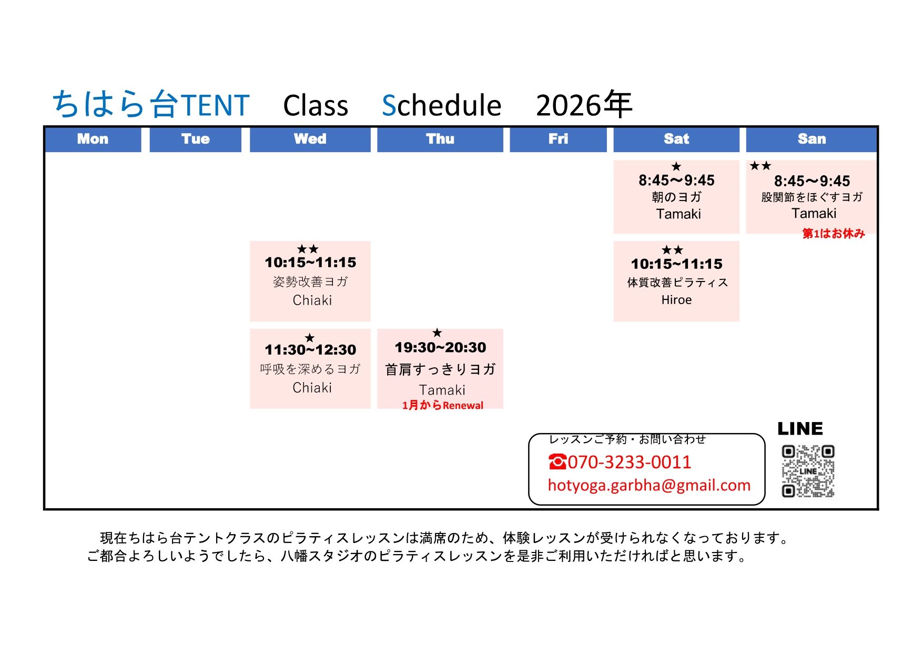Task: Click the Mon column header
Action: click(x=93, y=139)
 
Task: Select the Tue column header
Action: click(x=195, y=139)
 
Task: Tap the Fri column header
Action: click(x=558, y=139)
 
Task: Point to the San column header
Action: click(x=812, y=139)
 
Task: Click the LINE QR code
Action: click(x=808, y=471)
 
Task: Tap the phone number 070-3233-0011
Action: click(x=629, y=462)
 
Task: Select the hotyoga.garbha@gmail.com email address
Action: click(x=649, y=485)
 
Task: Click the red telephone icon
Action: click(x=557, y=462)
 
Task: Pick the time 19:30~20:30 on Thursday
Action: click(x=440, y=347)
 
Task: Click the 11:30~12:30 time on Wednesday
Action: click(x=310, y=350)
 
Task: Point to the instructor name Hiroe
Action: click(x=676, y=300)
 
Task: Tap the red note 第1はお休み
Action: click(x=833, y=234)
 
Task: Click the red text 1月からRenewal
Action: click(x=442, y=405)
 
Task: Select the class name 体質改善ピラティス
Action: click(x=677, y=283)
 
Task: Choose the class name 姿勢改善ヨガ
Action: click(x=310, y=282)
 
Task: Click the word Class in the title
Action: click(x=316, y=106)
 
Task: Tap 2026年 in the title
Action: click(x=584, y=105)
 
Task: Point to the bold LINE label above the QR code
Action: click(x=800, y=429)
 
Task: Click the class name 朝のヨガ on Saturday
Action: click(x=676, y=197)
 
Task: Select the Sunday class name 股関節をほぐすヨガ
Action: click(x=812, y=197)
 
